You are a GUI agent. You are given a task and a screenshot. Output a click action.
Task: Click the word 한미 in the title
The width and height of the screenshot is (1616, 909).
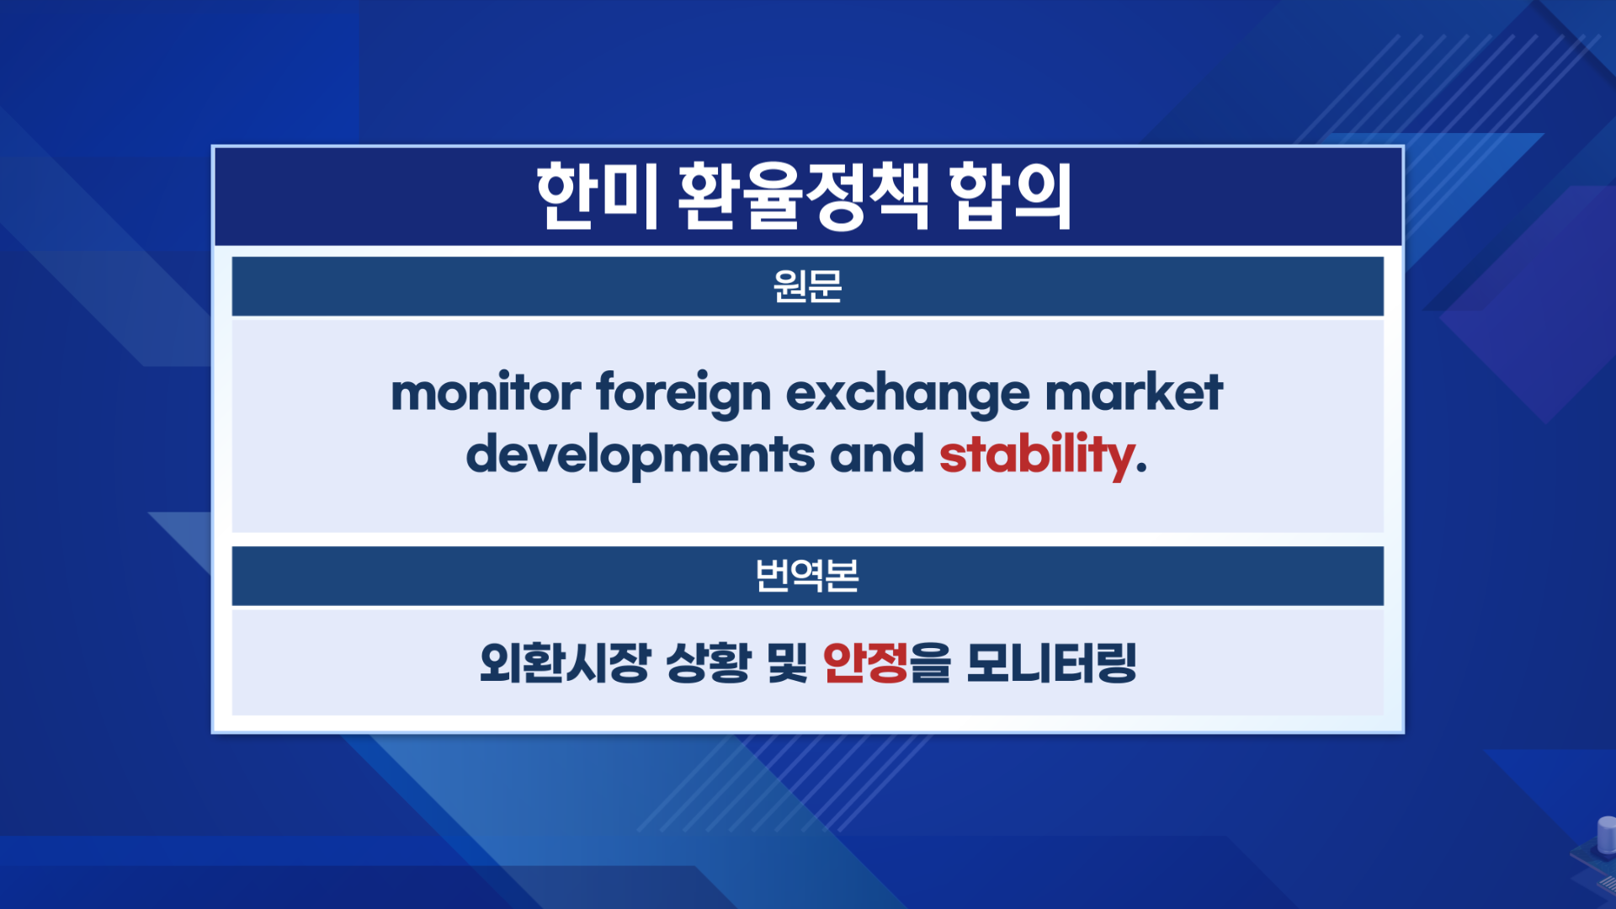pos(596,196)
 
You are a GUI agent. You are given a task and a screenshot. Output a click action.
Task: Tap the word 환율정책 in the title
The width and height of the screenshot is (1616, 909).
pos(804,196)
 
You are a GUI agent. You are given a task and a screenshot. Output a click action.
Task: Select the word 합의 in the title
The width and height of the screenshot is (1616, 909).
pos(1011,196)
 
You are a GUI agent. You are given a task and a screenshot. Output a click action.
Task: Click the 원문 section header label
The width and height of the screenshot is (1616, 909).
pos(807,287)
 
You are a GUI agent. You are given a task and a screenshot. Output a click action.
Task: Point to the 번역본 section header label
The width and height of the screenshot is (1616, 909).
pos(807,576)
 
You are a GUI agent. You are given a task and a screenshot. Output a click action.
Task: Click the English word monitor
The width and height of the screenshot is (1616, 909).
pos(486,392)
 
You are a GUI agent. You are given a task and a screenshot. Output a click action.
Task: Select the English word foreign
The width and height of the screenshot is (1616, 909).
pos(683,394)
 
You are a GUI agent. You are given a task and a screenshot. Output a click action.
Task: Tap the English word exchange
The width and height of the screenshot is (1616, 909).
pos(908,394)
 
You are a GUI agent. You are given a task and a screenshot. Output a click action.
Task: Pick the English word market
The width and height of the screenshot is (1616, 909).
pos(1134,392)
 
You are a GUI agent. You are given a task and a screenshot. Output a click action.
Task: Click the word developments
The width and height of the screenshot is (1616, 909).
pos(641,455)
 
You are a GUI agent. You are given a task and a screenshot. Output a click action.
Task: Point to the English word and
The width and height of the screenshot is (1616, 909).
pos(876,454)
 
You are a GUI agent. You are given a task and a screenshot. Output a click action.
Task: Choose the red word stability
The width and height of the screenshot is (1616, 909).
pos(1036,455)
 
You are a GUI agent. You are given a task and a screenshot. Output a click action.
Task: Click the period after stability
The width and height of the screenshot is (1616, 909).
pos(1141,468)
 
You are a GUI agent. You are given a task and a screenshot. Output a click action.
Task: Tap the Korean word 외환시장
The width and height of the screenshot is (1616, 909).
pos(565,663)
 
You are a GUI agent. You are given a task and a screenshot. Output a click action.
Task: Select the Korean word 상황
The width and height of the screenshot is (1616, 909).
pos(708,663)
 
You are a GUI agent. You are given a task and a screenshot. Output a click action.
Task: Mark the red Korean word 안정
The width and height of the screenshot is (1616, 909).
pos(865,663)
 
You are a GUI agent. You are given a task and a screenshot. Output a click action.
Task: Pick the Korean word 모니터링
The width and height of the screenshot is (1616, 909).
pos(1051,663)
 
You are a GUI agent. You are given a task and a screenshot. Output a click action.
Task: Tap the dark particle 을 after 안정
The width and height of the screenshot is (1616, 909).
pos(930,663)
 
